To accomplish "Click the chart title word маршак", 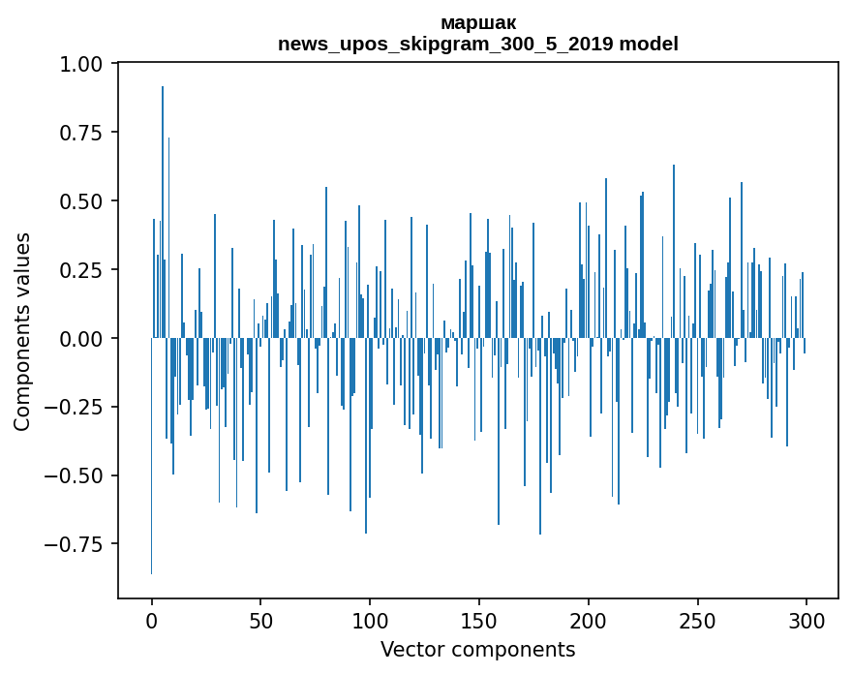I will pyautogui.click(x=478, y=23).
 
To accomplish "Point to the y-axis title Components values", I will pyautogui.click(x=22, y=331).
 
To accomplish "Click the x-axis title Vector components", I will pyautogui.click(x=478, y=650).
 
